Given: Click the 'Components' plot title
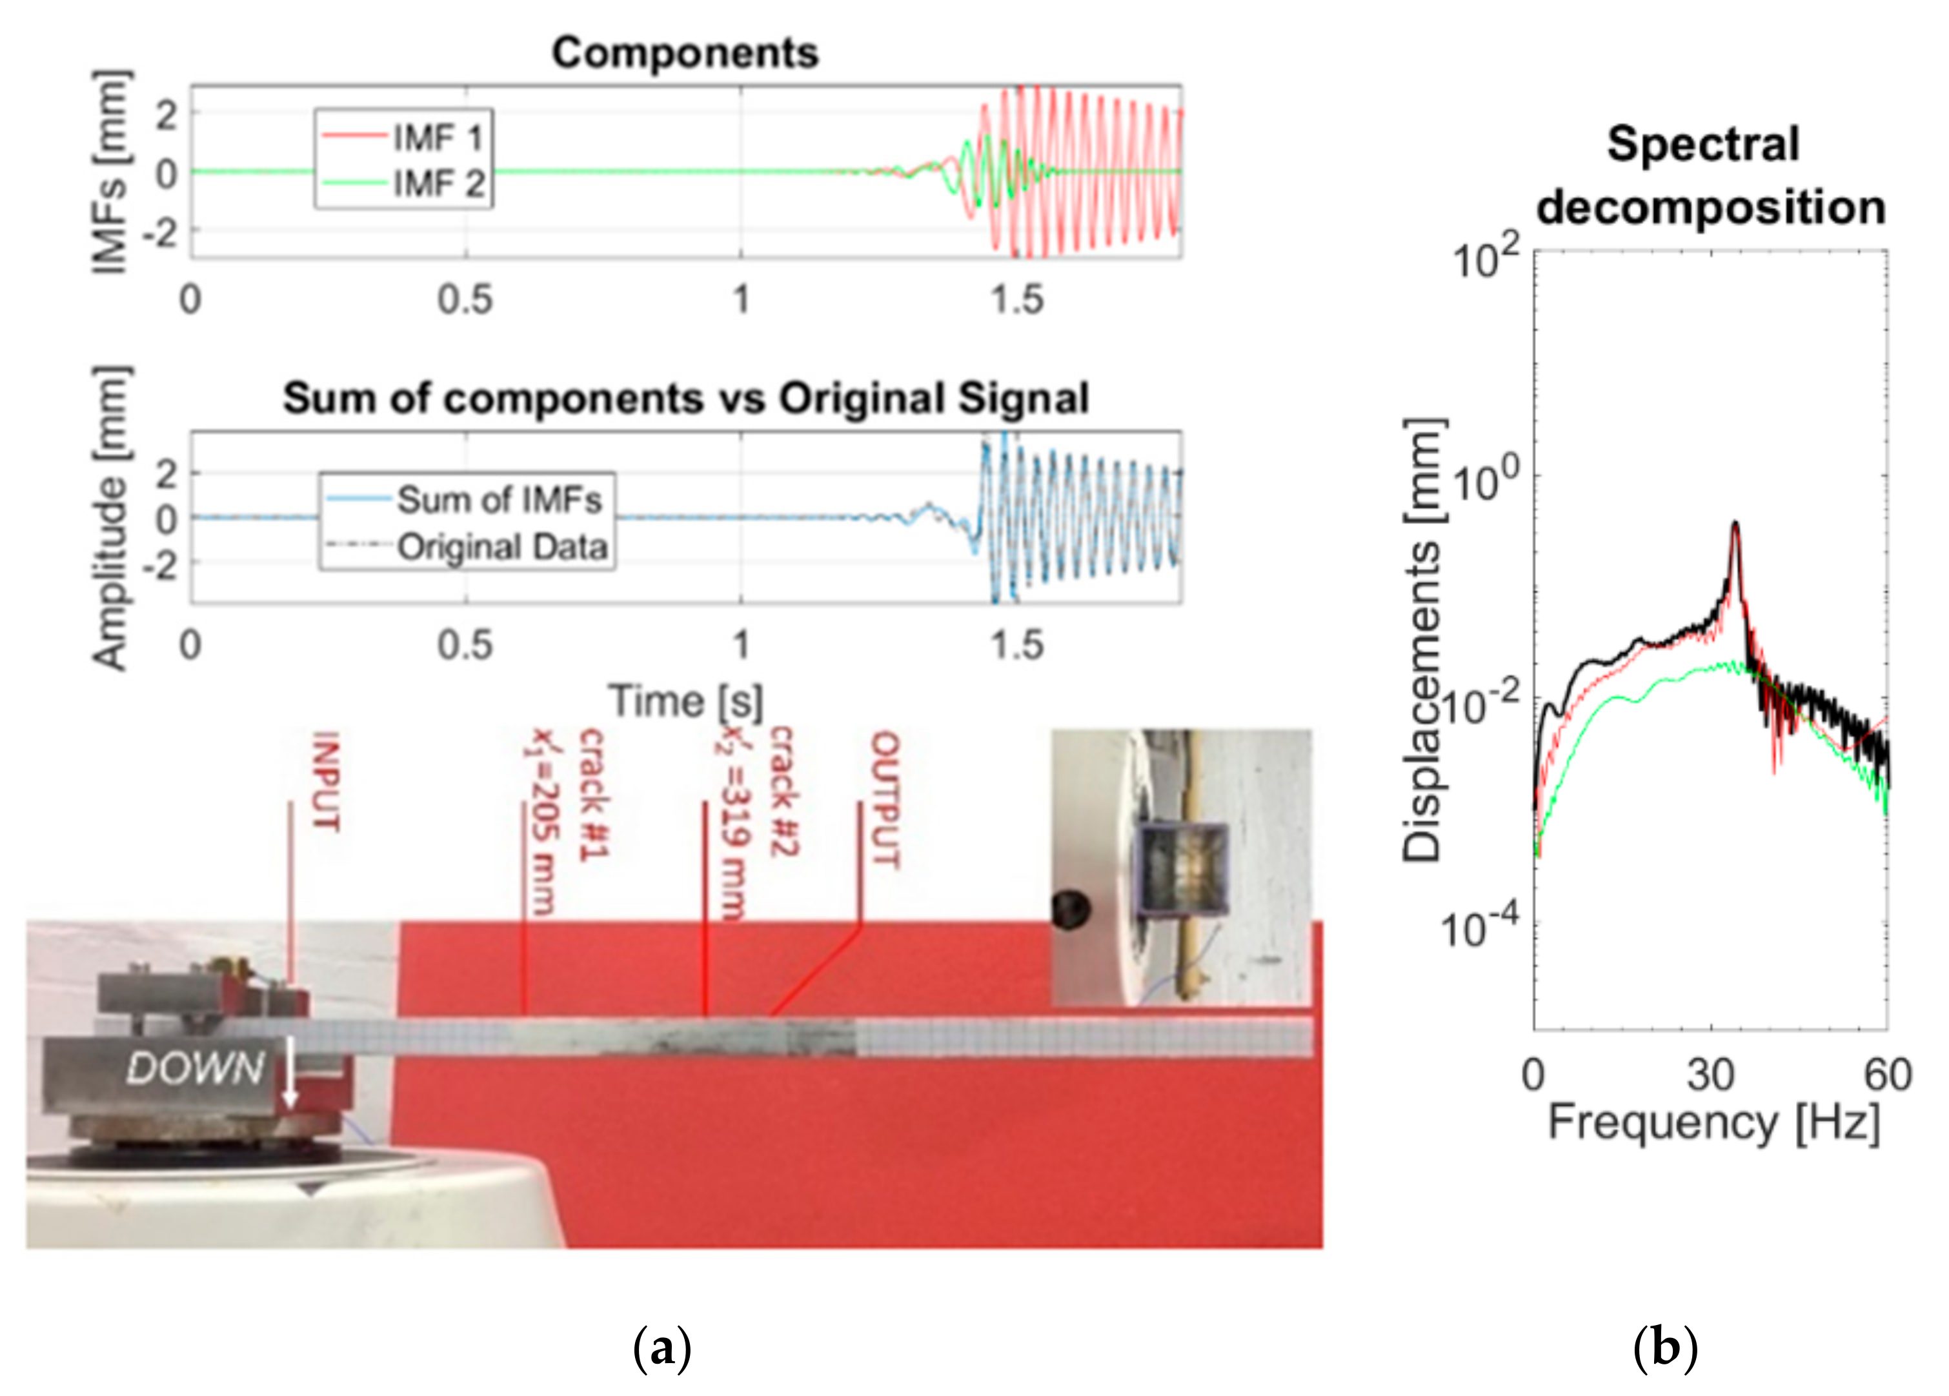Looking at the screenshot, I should [x=685, y=54].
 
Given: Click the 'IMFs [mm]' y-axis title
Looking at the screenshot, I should [x=112, y=172].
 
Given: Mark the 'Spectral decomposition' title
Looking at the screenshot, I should [x=1710, y=176].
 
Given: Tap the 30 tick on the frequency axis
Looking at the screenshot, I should [x=1710, y=1075].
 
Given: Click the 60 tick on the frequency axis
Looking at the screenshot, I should [x=1887, y=1075].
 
